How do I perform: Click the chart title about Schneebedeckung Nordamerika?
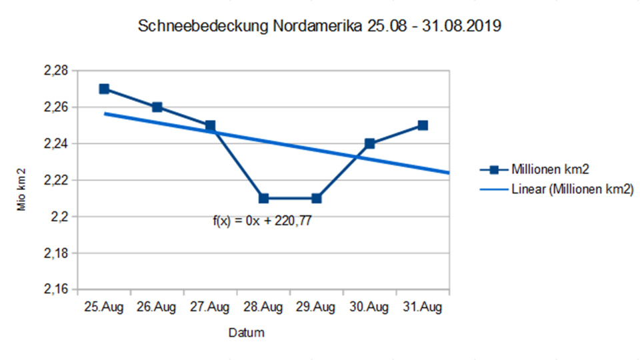pyautogui.click(x=319, y=27)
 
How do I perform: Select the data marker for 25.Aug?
pyautogui.click(x=104, y=89)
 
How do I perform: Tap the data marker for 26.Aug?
pyautogui.click(x=157, y=107)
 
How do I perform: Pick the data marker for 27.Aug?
pyautogui.click(x=210, y=125)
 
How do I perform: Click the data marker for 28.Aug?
pyautogui.click(x=263, y=198)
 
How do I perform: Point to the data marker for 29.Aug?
pyautogui.click(x=317, y=198)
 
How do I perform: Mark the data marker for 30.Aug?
pyautogui.click(x=369, y=143)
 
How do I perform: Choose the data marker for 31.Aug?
pyautogui.click(x=423, y=125)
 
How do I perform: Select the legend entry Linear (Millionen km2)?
pyautogui.click(x=572, y=189)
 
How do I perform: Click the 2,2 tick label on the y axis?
pyautogui.click(x=59, y=217)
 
